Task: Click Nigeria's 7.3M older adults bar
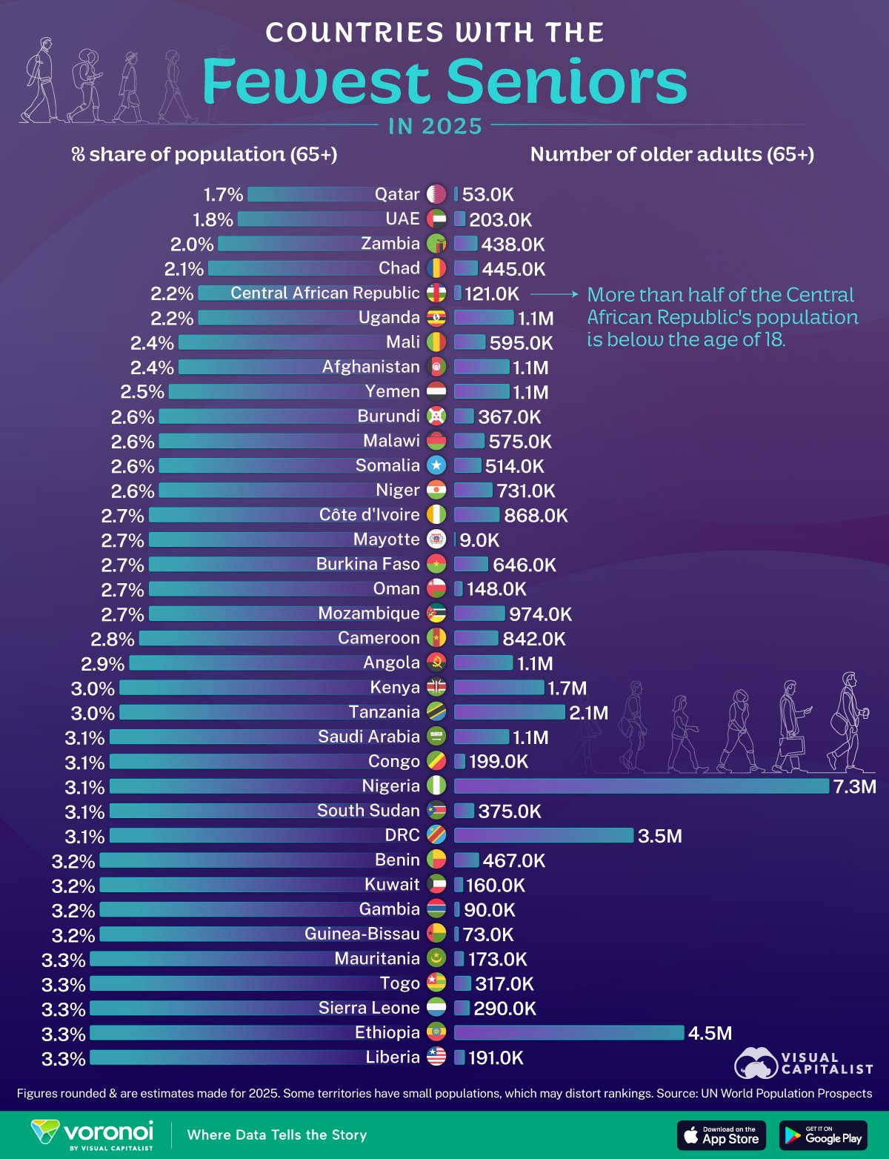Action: pyautogui.click(x=641, y=786)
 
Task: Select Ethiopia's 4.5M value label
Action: pyautogui.click(x=710, y=1033)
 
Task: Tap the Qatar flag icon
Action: pyautogui.click(x=436, y=194)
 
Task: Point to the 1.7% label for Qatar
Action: pyautogui.click(x=223, y=195)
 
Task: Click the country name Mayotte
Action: pyautogui.click(x=386, y=539)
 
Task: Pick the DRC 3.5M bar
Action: pyautogui.click(x=544, y=835)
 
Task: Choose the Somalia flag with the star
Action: pyautogui.click(x=436, y=465)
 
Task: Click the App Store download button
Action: pyautogui.click(x=721, y=1135)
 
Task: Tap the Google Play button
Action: pyautogui.click(x=822, y=1135)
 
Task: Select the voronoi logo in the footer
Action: pyautogui.click(x=93, y=1135)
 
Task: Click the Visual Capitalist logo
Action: pyautogui.click(x=804, y=1063)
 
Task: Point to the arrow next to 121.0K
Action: pyautogui.click(x=554, y=294)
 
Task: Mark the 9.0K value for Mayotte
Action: pyautogui.click(x=479, y=540)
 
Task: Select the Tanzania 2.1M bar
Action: pyautogui.click(x=509, y=712)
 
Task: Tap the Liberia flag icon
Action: pyautogui.click(x=436, y=1057)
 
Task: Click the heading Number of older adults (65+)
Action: pyautogui.click(x=672, y=154)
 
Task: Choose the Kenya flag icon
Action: pyautogui.click(x=436, y=688)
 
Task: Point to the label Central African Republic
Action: pyautogui.click(x=324, y=293)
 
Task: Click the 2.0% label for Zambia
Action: pyautogui.click(x=192, y=245)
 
